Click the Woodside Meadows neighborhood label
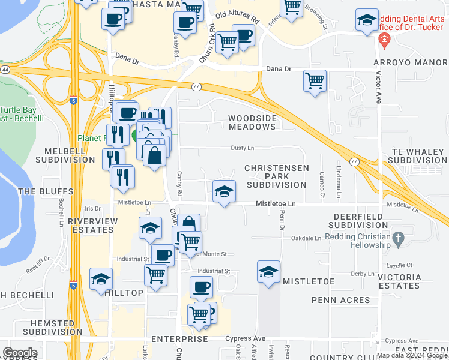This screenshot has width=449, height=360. pyautogui.click(x=252, y=122)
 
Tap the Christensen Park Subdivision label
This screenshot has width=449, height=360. pyautogui.click(x=277, y=176)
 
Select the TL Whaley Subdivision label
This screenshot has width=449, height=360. pyautogui.click(x=419, y=156)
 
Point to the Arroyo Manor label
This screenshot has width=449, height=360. pyautogui.click(x=411, y=62)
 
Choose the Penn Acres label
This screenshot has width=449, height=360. pyautogui.click(x=340, y=299)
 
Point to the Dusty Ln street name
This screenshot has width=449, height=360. pyautogui.click(x=243, y=148)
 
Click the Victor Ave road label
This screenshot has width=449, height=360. pyautogui.click(x=379, y=88)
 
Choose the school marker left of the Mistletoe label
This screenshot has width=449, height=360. pyautogui.click(x=268, y=271)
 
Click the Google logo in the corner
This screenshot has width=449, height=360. pyautogui.click(x=20, y=353)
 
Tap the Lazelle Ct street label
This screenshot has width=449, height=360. pyautogui.click(x=402, y=265)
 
